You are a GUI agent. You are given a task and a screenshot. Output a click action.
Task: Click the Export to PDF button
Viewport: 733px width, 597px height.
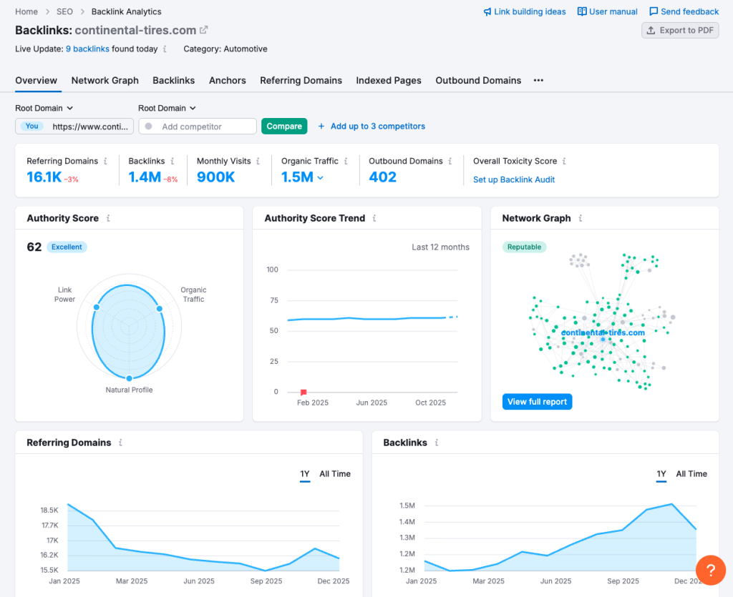[x=680, y=30]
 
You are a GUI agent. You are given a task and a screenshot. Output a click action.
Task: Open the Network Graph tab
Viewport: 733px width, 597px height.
[x=105, y=80]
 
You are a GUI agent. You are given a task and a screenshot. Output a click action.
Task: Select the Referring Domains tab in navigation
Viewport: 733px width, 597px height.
[x=301, y=80]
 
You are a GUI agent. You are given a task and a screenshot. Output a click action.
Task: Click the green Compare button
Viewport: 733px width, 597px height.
[x=284, y=126]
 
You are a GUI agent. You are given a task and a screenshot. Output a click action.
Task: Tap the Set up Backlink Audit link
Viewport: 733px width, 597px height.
[x=514, y=179]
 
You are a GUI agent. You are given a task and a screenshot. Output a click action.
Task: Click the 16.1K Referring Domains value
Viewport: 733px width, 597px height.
[x=44, y=177]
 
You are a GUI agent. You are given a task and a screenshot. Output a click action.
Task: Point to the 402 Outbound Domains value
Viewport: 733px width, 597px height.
[x=383, y=177]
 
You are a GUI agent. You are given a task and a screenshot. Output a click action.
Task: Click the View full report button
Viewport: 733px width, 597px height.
[x=537, y=402]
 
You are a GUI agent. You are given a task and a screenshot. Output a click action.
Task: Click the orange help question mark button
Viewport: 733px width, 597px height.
[x=710, y=570]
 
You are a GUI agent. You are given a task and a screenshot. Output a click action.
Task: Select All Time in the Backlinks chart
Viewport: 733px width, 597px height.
[x=691, y=473]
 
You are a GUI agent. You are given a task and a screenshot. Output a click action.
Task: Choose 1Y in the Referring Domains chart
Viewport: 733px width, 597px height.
[x=305, y=473]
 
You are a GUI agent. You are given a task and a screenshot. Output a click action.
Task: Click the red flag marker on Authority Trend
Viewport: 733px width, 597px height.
[x=304, y=392]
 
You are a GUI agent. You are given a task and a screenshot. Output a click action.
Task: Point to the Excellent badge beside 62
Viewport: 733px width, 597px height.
[x=67, y=247]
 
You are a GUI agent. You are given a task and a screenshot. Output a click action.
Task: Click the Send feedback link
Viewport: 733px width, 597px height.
[x=684, y=11]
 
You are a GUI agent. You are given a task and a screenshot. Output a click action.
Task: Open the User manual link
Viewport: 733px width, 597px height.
[x=608, y=11]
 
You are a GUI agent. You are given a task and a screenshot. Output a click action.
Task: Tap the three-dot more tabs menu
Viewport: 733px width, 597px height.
[x=538, y=80]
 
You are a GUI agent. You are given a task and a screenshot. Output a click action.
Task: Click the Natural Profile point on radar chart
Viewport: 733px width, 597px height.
[x=130, y=378]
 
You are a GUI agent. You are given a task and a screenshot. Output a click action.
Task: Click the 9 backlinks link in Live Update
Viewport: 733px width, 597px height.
[x=87, y=49]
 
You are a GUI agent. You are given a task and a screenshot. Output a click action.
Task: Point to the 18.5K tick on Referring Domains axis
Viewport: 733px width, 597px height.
[x=49, y=510]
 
